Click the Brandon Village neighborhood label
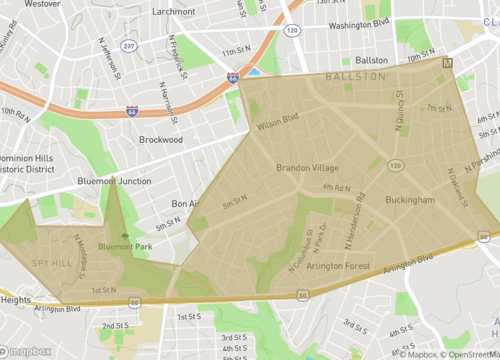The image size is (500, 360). click(x=307, y=167)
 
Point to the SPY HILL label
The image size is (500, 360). click(x=52, y=262)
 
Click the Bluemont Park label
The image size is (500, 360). click(x=125, y=246)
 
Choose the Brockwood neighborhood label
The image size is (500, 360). click(x=161, y=140)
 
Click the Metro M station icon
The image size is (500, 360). click(x=447, y=63)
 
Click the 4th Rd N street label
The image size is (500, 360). click(x=335, y=187)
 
